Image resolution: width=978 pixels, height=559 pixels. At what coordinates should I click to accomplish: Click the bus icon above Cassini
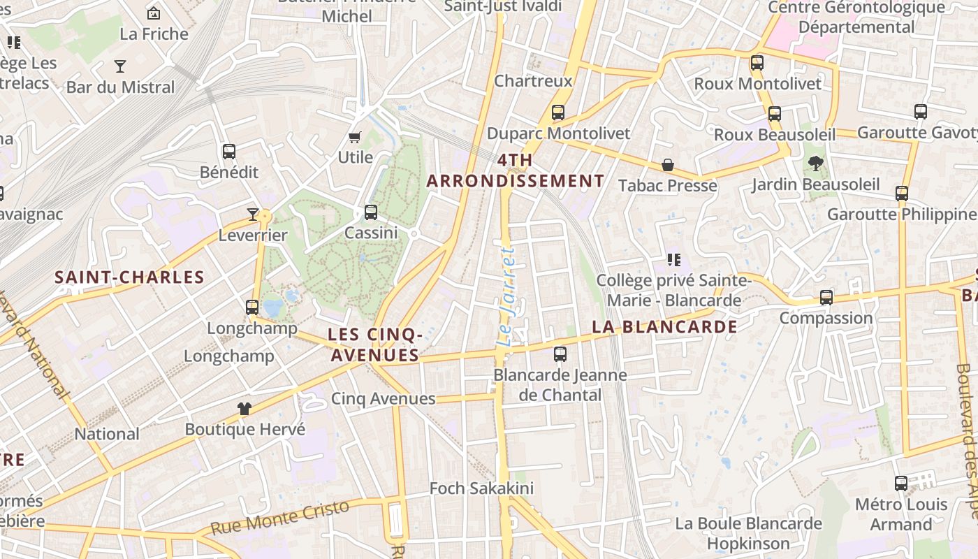(371, 212)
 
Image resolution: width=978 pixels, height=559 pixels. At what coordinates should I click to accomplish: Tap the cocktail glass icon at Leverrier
(253, 215)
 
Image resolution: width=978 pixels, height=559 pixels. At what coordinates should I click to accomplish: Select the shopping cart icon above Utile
(355, 137)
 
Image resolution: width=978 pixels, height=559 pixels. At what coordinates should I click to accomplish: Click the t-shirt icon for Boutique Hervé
(244, 409)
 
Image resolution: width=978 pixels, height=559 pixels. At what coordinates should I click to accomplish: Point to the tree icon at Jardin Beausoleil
(815, 164)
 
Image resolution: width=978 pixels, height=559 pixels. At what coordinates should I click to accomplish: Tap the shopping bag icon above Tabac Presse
(668, 165)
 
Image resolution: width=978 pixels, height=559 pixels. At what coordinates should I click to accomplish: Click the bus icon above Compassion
(826, 298)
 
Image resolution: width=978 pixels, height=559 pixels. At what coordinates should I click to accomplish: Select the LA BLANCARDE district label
(664, 327)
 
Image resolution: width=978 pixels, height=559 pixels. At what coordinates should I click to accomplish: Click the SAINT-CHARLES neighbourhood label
(129, 277)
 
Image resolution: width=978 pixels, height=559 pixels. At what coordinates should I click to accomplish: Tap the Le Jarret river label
(508, 295)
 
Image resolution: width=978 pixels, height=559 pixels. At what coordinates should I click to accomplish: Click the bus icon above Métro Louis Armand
(901, 484)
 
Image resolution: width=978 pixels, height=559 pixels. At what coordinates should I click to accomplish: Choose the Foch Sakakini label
(481, 488)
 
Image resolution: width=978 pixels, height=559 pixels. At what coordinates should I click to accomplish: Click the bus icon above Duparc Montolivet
(557, 112)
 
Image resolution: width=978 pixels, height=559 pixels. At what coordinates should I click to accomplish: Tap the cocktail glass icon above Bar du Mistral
(120, 66)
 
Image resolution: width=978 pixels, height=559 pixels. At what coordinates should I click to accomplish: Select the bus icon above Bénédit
(228, 152)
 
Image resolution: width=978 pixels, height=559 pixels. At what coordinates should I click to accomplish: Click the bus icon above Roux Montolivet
(757, 63)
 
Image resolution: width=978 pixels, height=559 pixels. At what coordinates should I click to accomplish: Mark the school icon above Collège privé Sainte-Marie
(674, 261)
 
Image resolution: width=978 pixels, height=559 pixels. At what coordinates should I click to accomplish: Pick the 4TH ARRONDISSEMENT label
(516, 170)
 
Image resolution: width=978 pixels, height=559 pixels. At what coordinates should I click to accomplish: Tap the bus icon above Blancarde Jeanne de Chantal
(560, 354)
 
